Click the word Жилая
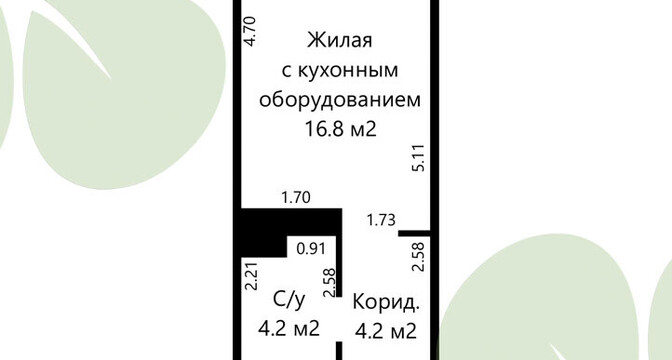tap(339, 41)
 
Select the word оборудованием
tap(340, 100)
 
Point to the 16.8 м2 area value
tap(340, 129)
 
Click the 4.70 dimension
tap(249, 31)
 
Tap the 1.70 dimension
tap(296, 198)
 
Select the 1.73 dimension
tap(381, 220)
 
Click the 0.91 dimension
tap(311, 249)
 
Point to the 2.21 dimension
tap(251, 276)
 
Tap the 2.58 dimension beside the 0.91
tap(330, 282)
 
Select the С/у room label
tap(290, 300)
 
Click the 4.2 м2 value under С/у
tap(289, 329)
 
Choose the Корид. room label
tap(386, 302)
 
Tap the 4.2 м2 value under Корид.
tap(386, 331)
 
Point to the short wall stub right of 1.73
tap(414, 234)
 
